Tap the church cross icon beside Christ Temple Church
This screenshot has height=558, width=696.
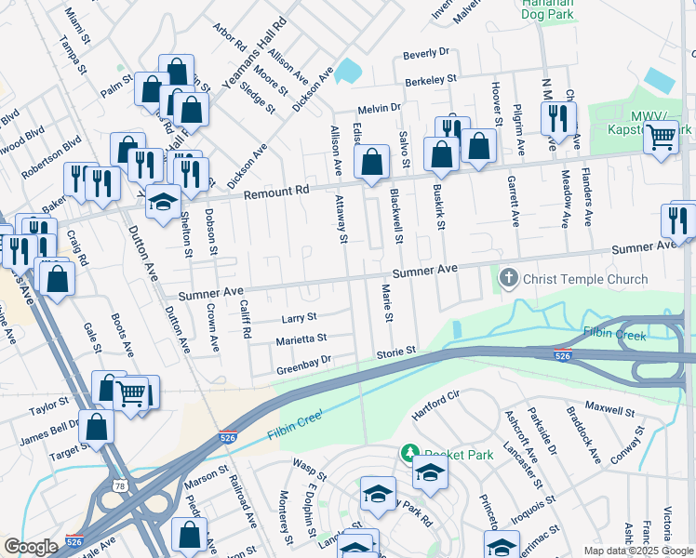pyautogui.click(x=509, y=278)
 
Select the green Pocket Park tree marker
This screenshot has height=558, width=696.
pyautogui.click(x=408, y=453)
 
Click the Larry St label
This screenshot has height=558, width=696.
pyautogui.click(x=299, y=318)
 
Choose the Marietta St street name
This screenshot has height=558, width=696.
pyautogui.click(x=301, y=339)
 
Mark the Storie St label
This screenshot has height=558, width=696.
pyautogui.click(x=395, y=353)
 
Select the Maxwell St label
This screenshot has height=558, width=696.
pyautogui.click(x=609, y=410)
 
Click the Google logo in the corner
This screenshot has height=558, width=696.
pyautogui.click(x=31, y=547)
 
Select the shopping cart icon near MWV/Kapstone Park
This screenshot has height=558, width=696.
pyautogui.click(x=661, y=137)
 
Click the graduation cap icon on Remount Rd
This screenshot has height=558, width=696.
pyautogui.click(x=163, y=202)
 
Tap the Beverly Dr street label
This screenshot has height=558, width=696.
pyautogui.click(x=425, y=54)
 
